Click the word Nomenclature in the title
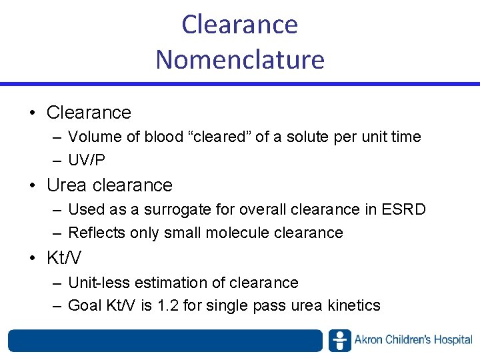point(240,59)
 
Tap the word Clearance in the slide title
point(240,25)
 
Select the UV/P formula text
point(87,161)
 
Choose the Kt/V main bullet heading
point(63,257)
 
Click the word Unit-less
point(98,282)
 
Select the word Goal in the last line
point(85,306)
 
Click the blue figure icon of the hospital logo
point(339,340)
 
